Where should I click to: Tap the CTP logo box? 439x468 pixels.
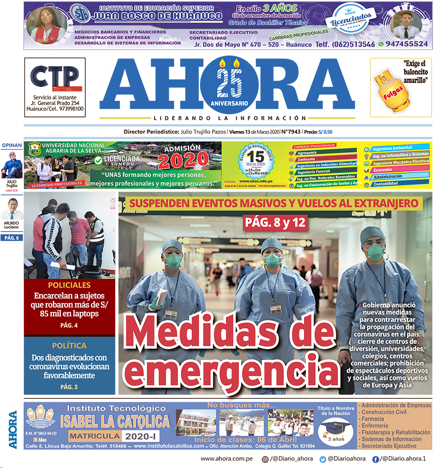click(x=55, y=76)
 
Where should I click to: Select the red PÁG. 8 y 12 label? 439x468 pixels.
click(x=275, y=223)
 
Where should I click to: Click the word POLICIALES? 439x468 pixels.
click(x=69, y=285)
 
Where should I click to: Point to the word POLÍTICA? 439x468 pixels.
click(x=69, y=346)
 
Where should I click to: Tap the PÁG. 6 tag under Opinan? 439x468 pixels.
click(x=11, y=237)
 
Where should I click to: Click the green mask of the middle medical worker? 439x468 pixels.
click(x=273, y=260)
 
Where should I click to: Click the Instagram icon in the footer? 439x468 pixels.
click(x=265, y=459)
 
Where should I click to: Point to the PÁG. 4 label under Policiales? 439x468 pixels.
click(x=69, y=325)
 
